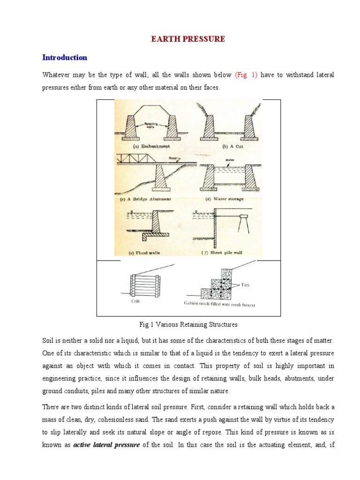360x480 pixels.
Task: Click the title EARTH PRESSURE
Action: coord(187,39)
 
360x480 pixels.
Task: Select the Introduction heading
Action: coord(65,58)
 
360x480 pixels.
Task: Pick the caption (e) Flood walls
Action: coord(144,252)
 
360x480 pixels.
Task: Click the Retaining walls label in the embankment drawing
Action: coord(150,125)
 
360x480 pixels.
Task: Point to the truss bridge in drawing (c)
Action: coord(138,159)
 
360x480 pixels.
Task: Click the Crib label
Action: coord(135,301)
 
